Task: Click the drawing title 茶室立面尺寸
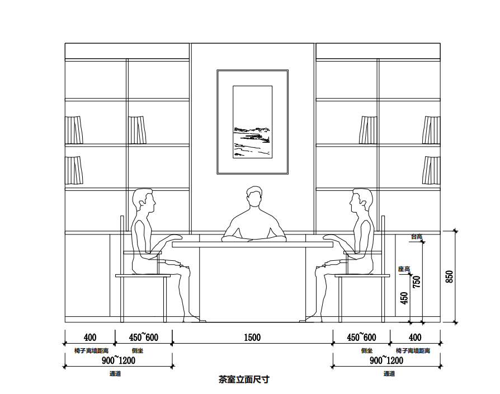244,379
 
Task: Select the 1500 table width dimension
252,337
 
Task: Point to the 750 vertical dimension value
417,281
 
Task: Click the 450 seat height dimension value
404,297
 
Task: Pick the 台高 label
416,237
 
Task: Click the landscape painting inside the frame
252,122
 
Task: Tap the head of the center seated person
254,196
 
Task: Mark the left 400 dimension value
89,337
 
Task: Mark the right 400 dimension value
415,337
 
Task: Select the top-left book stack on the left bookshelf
73,130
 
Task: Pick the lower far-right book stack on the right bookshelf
431,170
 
